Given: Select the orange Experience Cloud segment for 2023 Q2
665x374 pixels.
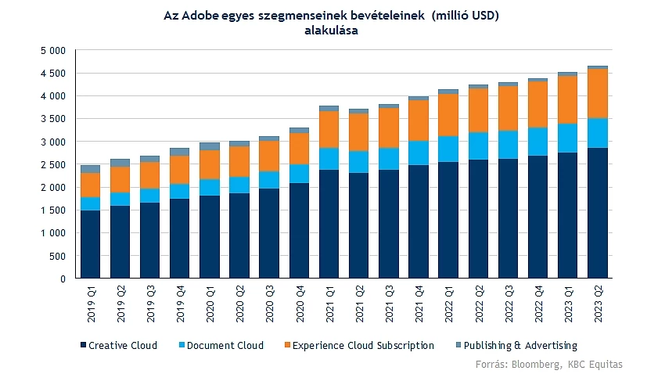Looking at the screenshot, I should coord(598,94).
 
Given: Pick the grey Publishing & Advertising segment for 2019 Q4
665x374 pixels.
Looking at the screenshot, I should coord(180,152).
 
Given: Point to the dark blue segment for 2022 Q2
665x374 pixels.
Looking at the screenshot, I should coord(479,219).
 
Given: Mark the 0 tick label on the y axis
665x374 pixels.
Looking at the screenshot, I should coord(63,279).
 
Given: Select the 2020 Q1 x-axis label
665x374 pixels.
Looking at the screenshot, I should coord(210,304).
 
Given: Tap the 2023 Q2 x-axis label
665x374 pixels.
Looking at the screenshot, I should coord(598,304).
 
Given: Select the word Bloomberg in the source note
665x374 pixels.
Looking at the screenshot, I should coord(533,365).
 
